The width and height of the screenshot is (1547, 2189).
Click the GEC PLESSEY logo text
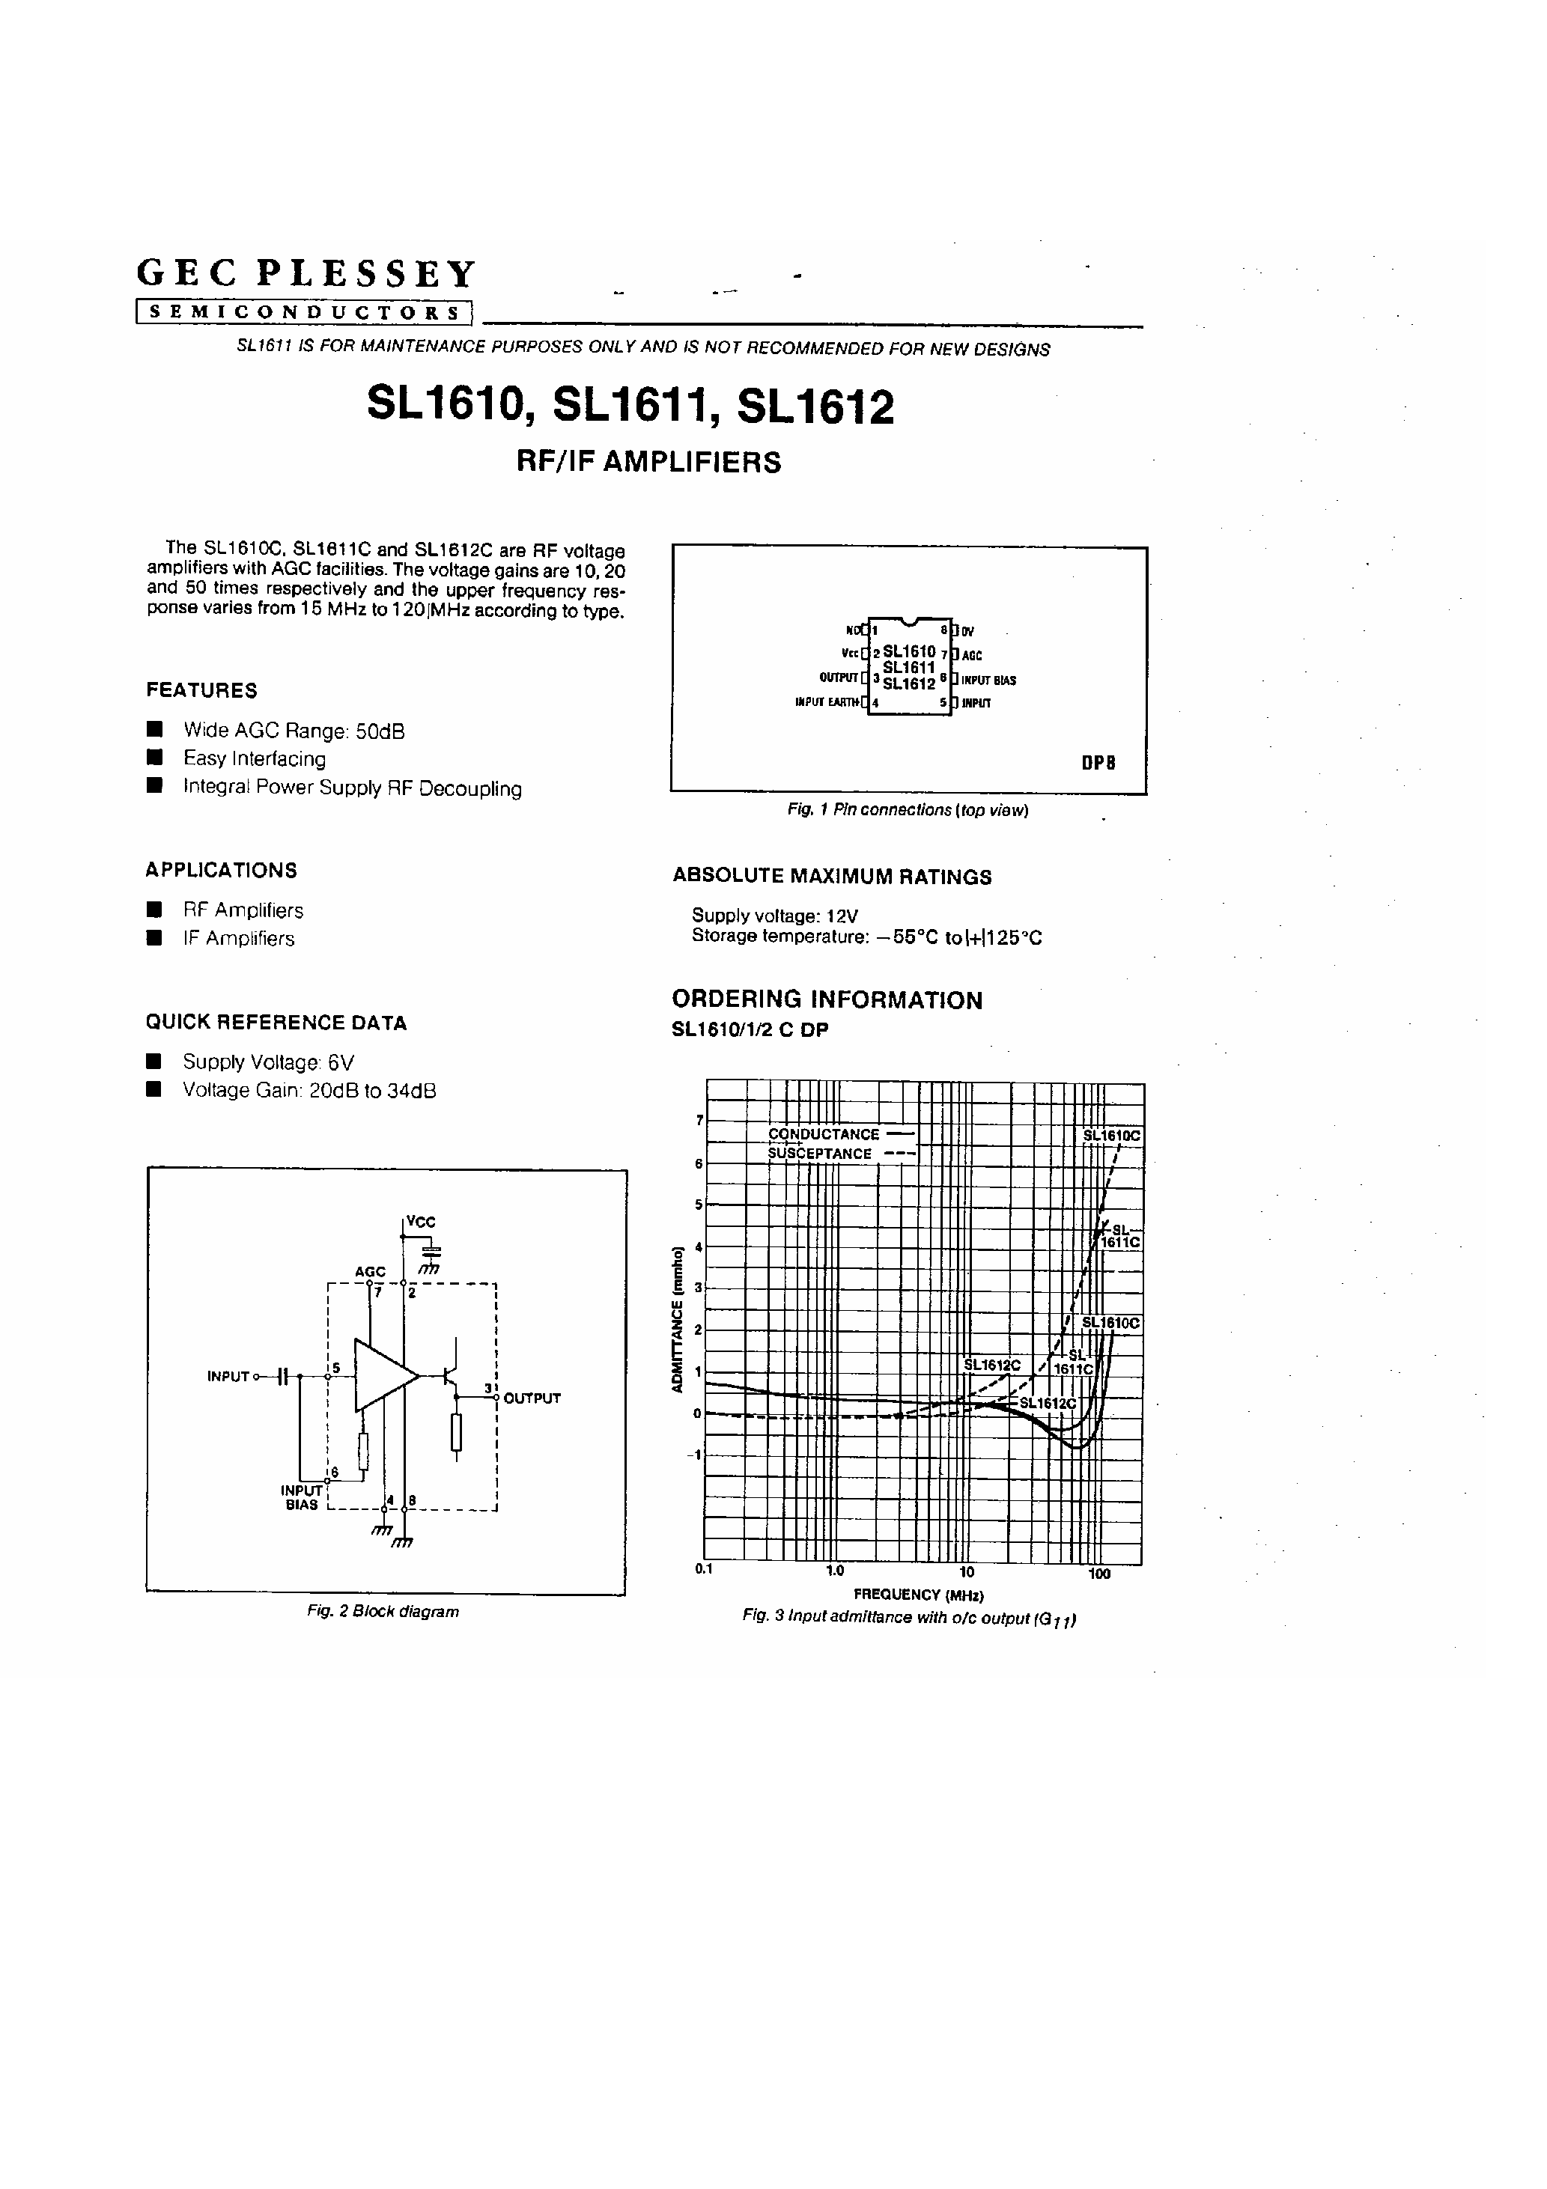tap(306, 274)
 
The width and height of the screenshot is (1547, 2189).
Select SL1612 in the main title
tap(815, 407)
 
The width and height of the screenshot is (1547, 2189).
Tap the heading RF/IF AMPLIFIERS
tap(648, 463)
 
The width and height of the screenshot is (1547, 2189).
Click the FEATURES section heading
tap(201, 690)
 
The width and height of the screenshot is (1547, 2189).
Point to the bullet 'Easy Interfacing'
tap(254, 759)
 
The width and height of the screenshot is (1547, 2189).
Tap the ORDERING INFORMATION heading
tap(827, 1000)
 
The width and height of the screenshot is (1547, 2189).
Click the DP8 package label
tap(1098, 763)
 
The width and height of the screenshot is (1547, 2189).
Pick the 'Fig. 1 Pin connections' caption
tap(907, 810)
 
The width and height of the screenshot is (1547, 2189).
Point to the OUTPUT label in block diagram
tap(531, 1398)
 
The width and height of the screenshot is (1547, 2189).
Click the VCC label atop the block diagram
tap(421, 1221)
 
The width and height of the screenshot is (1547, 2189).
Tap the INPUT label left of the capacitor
tap(228, 1377)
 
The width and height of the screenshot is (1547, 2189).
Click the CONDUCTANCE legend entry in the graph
tap(824, 1134)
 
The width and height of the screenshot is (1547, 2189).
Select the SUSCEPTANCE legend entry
tap(820, 1154)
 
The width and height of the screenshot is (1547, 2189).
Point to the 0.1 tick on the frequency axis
tap(704, 1569)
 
